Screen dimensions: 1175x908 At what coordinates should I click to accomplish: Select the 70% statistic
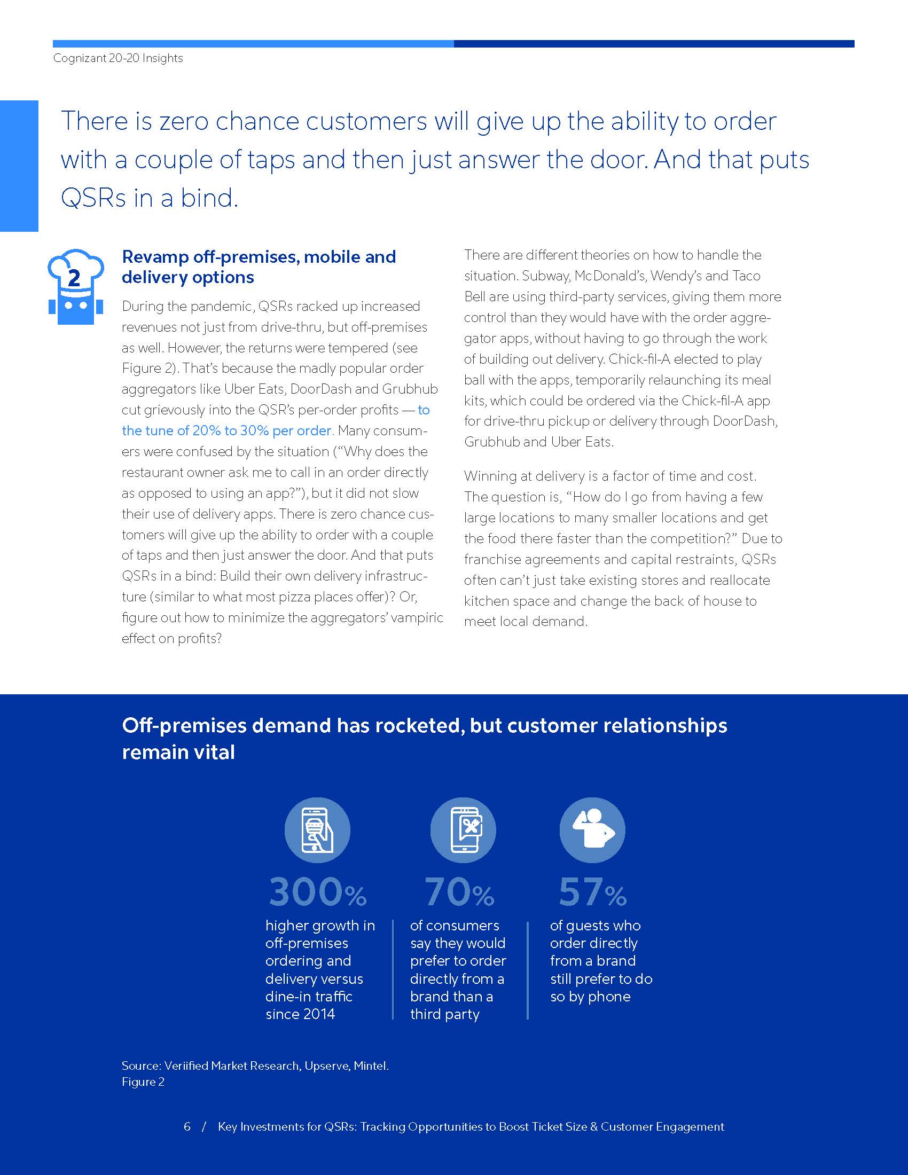pos(459,892)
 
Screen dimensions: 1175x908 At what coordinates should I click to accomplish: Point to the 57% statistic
pos(592,892)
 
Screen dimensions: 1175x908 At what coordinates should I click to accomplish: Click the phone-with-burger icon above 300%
pos(317,829)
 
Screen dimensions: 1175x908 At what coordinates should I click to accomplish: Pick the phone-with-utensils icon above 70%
pos(463,829)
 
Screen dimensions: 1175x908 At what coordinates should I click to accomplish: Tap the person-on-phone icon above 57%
pos(592,829)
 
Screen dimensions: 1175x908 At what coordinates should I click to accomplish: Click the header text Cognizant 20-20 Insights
pos(118,58)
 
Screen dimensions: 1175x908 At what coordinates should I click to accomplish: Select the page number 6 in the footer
pos(186,1126)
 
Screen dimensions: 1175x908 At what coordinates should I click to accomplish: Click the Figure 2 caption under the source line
pos(143,1082)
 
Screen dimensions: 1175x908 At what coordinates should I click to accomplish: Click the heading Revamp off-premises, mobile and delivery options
pos(259,267)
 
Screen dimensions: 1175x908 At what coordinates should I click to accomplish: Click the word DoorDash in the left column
pos(320,389)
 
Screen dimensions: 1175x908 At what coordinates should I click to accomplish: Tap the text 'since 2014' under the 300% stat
pos(300,1014)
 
